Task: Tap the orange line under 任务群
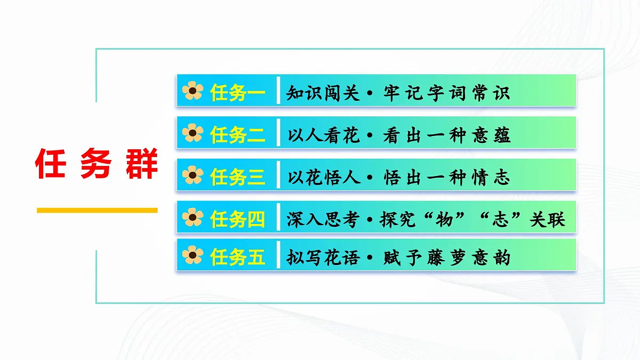point(97,210)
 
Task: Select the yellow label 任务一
point(238,92)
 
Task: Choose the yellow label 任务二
point(238,134)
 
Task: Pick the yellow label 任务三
point(238,176)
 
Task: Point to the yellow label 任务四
point(238,218)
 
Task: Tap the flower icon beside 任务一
point(193,92)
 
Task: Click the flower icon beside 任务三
point(193,175)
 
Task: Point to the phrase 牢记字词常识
point(446,92)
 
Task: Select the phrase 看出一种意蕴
point(446,134)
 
